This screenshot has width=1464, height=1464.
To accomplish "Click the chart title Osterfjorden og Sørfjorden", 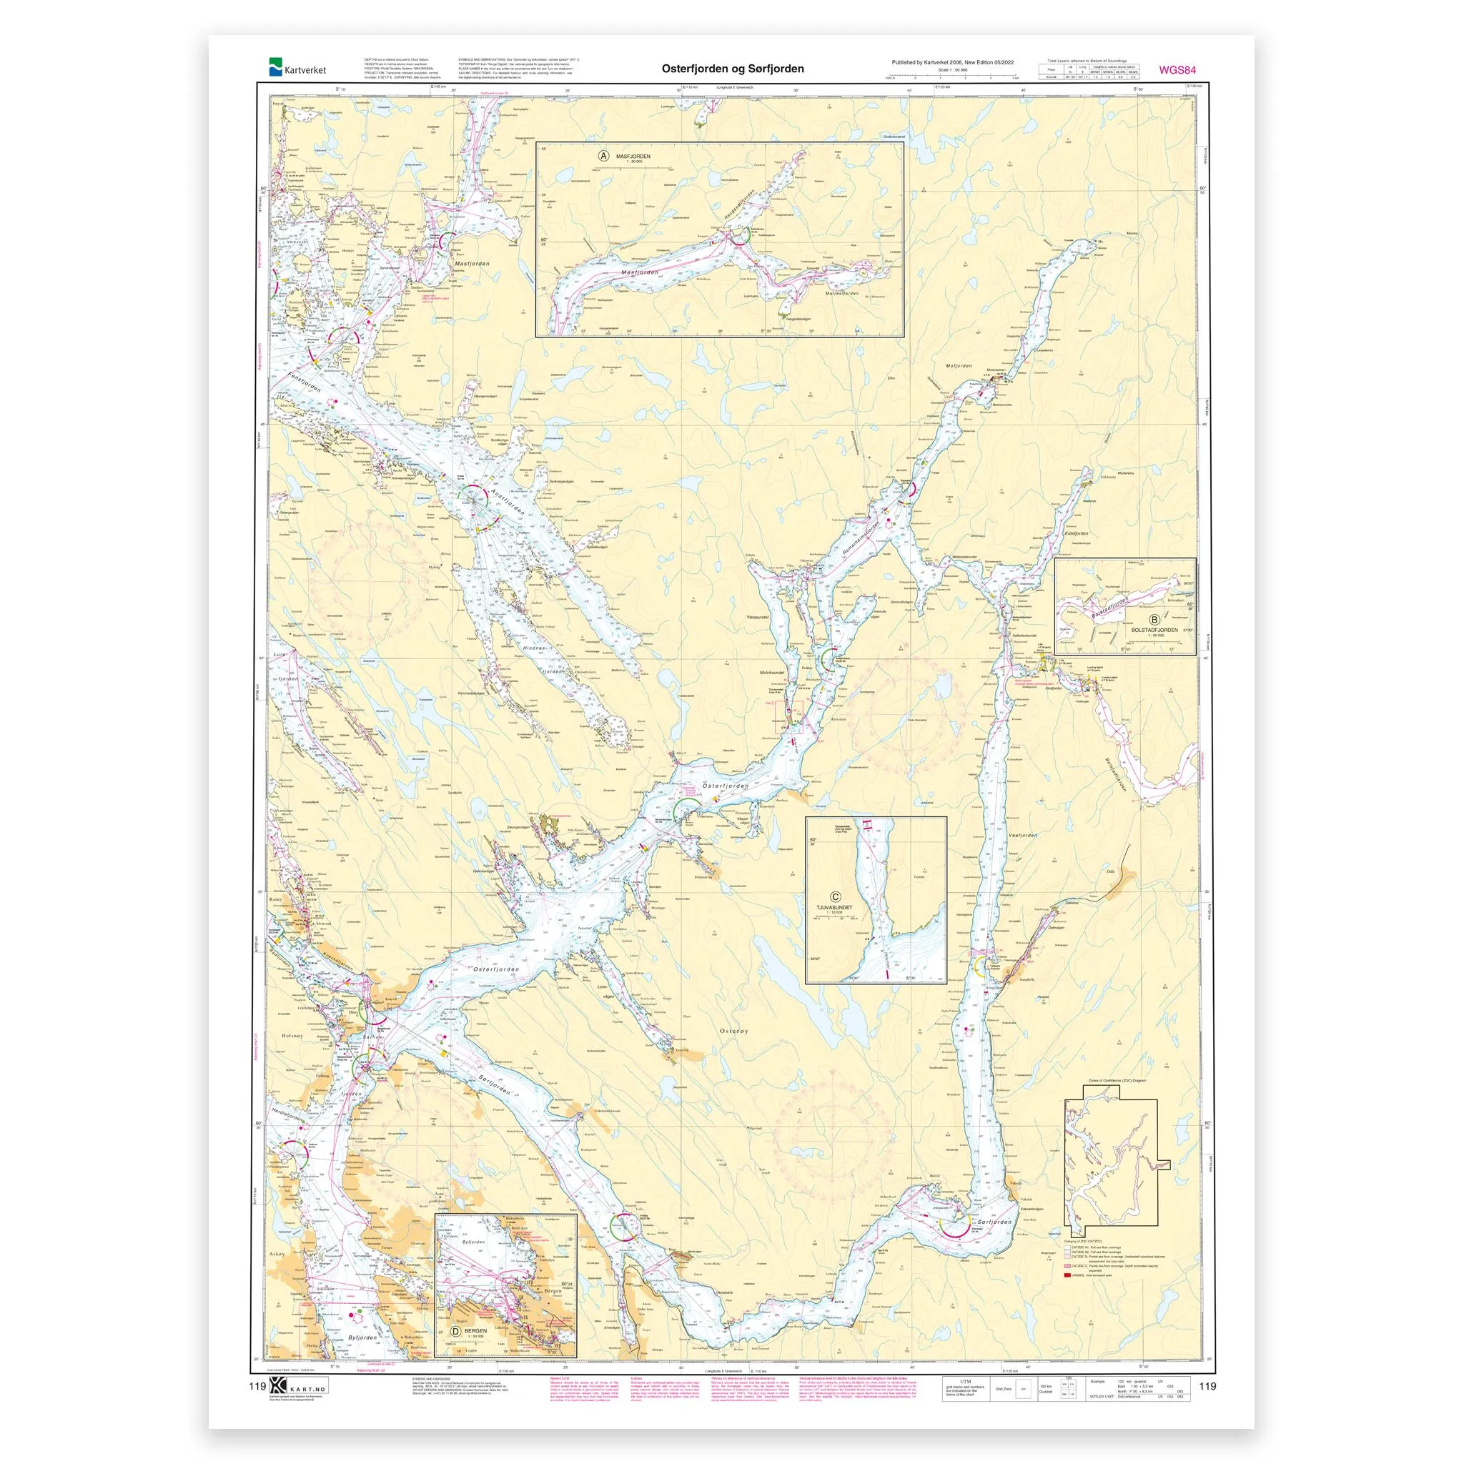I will point(733,69).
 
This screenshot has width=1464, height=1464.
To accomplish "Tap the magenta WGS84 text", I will point(1177,71).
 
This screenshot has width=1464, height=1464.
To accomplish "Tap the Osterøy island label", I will point(733,1031).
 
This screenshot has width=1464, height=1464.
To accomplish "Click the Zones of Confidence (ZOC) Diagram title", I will point(1110,1081).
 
